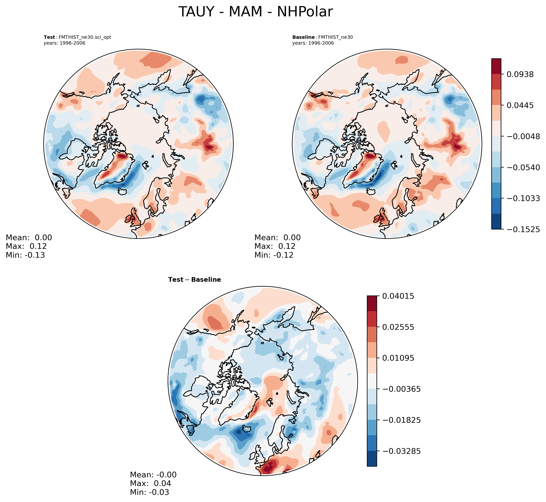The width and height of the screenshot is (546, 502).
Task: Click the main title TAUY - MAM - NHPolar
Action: (255, 12)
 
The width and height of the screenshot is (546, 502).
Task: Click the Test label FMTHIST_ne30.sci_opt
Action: (77, 37)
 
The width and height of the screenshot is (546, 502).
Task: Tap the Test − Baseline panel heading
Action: (195, 280)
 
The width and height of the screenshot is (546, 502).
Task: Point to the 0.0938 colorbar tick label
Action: (520, 74)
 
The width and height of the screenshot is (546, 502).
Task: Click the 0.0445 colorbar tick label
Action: (520, 105)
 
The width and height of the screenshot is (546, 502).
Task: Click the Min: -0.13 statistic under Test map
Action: (25, 255)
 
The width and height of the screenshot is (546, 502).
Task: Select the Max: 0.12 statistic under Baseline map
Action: (275, 246)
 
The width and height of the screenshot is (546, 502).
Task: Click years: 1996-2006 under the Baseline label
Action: (313, 43)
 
